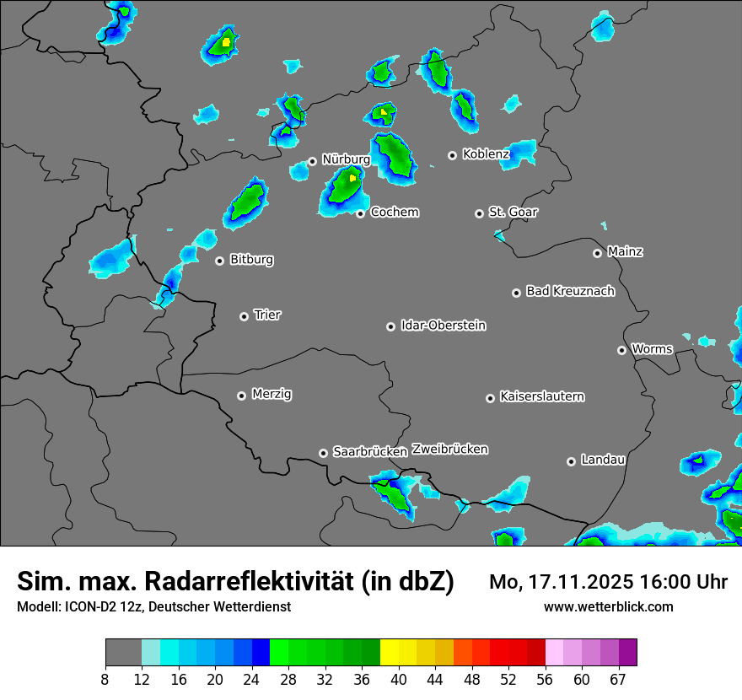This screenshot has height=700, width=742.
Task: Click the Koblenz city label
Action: point(486,154)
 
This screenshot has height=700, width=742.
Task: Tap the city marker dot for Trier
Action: point(245,316)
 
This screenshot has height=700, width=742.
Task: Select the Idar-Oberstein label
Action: point(443,326)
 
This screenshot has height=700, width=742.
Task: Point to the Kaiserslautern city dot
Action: point(490,398)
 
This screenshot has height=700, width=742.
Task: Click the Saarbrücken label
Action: point(370,451)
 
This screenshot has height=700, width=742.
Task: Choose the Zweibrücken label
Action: point(449,450)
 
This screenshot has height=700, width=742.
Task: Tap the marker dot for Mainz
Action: point(597,253)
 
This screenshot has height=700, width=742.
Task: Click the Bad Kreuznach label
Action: point(570,291)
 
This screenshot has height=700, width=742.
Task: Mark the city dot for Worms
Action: point(621,350)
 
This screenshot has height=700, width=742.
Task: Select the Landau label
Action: point(603,460)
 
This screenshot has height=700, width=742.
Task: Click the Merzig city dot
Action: point(241,396)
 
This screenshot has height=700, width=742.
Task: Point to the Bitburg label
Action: point(251,260)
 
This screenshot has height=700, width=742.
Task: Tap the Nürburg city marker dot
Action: point(312,161)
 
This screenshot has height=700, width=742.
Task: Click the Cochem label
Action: point(394,212)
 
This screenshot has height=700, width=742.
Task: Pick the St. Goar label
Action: point(513,212)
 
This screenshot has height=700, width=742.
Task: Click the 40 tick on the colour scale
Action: point(399,680)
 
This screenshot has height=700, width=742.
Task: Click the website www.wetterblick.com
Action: point(608,607)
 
